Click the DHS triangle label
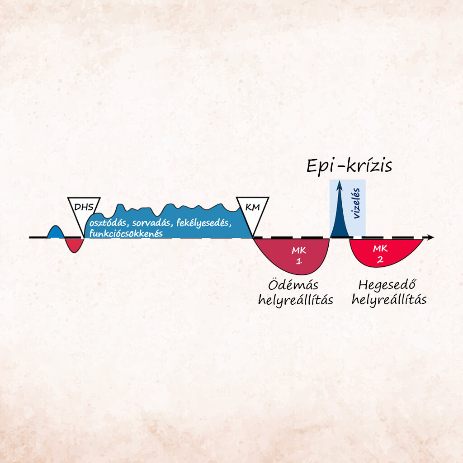(x=84, y=207)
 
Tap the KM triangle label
(x=253, y=208)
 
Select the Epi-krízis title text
(x=349, y=166)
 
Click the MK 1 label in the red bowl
(x=298, y=255)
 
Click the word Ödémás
(x=293, y=286)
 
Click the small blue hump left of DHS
(x=54, y=231)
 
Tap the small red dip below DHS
(x=73, y=245)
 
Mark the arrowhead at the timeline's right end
(x=430, y=237)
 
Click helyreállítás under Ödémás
(x=296, y=300)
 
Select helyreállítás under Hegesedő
(x=389, y=300)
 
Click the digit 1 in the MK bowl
(x=298, y=261)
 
